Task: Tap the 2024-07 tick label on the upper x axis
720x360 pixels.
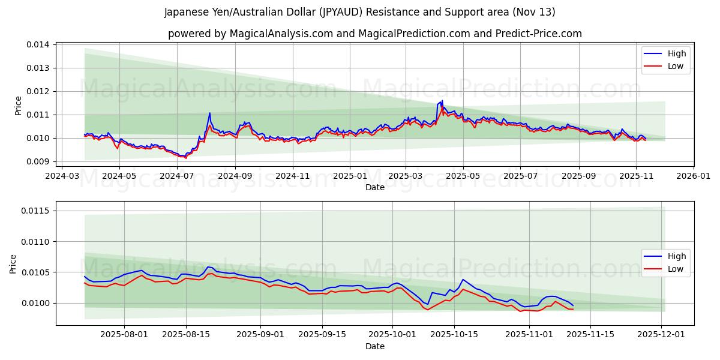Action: (x=177, y=176)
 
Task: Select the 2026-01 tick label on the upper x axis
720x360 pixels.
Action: (x=693, y=176)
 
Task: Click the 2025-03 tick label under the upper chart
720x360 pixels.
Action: (x=406, y=176)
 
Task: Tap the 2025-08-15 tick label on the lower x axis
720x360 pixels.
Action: (x=186, y=335)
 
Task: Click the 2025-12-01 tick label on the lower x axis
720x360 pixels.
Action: (x=661, y=335)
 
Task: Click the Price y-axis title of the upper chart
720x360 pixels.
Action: (x=18, y=105)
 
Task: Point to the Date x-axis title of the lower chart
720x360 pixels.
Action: (x=375, y=346)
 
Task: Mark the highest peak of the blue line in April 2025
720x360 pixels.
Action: (x=442, y=101)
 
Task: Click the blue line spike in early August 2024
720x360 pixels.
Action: (x=209, y=113)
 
